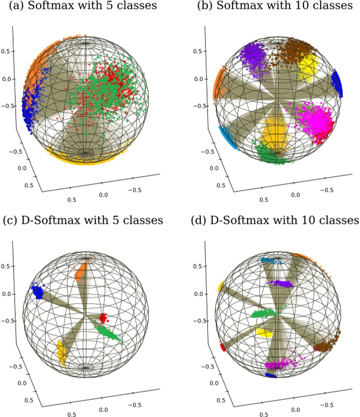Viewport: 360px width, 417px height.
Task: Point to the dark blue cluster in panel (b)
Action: click(x=337, y=82)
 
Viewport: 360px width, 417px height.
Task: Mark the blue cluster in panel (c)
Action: click(x=38, y=293)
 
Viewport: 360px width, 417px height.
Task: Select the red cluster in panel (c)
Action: click(x=103, y=317)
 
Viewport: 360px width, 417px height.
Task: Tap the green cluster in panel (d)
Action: click(x=266, y=313)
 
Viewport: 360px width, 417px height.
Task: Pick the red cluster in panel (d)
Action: click(x=222, y=348)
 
